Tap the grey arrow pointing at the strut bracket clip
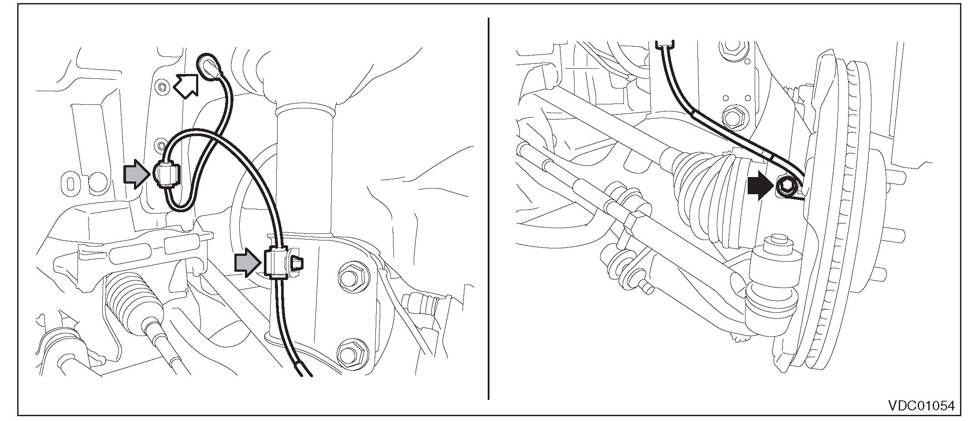coord(246,263)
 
